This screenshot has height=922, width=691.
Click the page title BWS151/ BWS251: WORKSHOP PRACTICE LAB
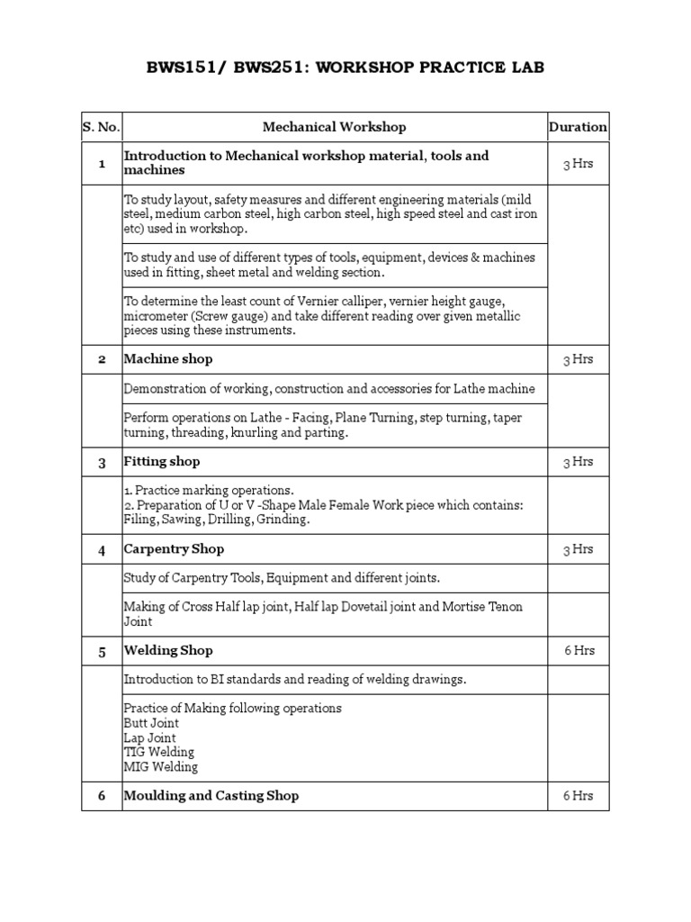coord(345,68)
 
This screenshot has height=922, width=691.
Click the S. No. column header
coord(101,127)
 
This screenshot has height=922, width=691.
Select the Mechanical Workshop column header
coord(334,127)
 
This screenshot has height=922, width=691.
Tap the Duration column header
coord(578,127)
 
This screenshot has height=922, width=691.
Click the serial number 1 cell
coord(102,163)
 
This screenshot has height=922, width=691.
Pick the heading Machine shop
coord(168,359)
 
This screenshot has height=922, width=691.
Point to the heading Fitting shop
coord(162,462)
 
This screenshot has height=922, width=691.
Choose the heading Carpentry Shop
coord(174,549)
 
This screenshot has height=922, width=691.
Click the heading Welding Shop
coord(168,650)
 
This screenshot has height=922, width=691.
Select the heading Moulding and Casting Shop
coord(211,796)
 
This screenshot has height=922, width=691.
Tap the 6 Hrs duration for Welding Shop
coord(578,650)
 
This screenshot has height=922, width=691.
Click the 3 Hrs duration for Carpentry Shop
coord(578,549)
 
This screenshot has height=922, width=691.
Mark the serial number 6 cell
coord(102,796)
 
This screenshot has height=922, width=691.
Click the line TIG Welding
coord(159,752)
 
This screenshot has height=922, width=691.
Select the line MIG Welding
coord(161,767)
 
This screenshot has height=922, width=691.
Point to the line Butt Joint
coord(151,723)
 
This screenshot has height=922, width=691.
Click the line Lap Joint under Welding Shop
coord(150,737)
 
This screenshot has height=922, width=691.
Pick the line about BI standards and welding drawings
coord(295,680)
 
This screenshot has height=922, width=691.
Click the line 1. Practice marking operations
coord(209,491)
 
